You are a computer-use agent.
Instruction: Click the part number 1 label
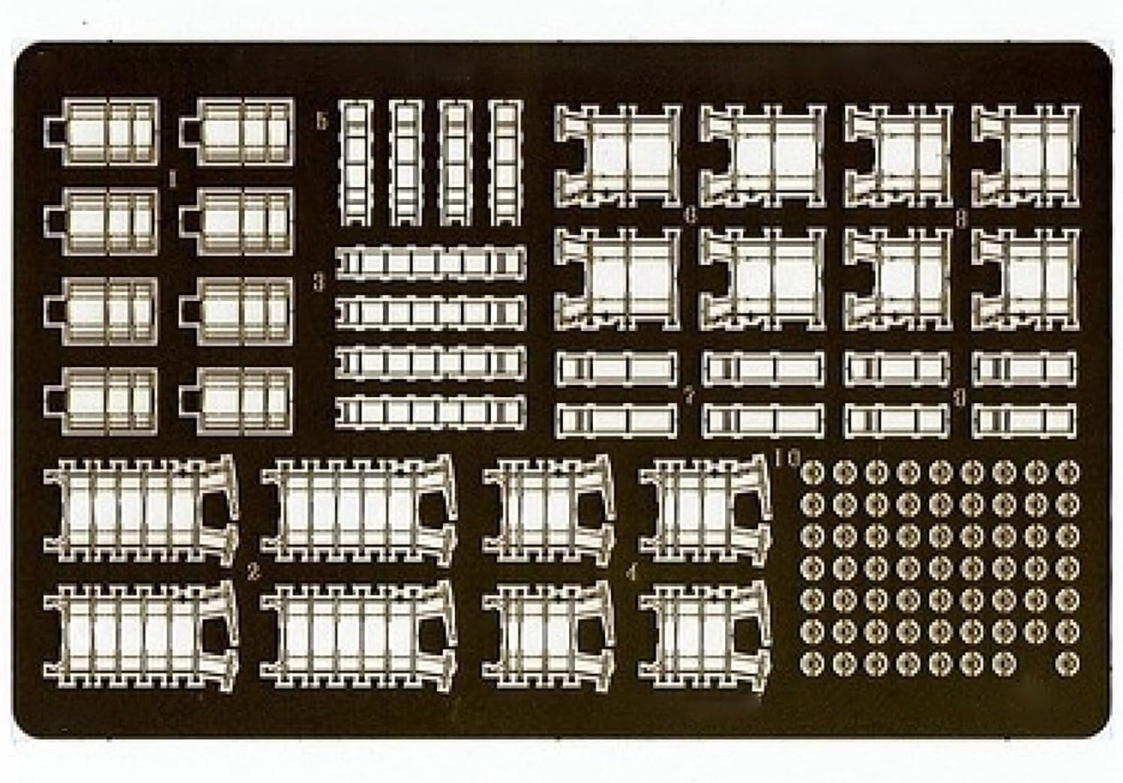pyautogui.click(x=172, y=179)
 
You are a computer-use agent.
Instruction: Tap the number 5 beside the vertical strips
pyautogui.click(x=322, y=121)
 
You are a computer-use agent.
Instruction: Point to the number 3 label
pyautogui.click(x=318, y=283)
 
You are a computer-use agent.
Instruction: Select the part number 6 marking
pyautogui.click(x=690, y=215)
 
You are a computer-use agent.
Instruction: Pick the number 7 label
pyautogui.click(x=688, y=396)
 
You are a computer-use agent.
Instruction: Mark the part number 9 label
pyautogui.click(x=959, y=398)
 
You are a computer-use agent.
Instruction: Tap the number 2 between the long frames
pyautogui.click(x=252, y=574)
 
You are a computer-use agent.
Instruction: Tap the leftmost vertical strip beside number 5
pyautogui.click(x=357, y=163)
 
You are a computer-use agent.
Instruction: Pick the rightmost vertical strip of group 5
pyautogui.click(x=505, y=163)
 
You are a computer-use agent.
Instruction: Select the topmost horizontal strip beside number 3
pyautogui.click(x=430, y=264)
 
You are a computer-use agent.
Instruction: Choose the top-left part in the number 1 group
pyautogui.click(x=103, y=131)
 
